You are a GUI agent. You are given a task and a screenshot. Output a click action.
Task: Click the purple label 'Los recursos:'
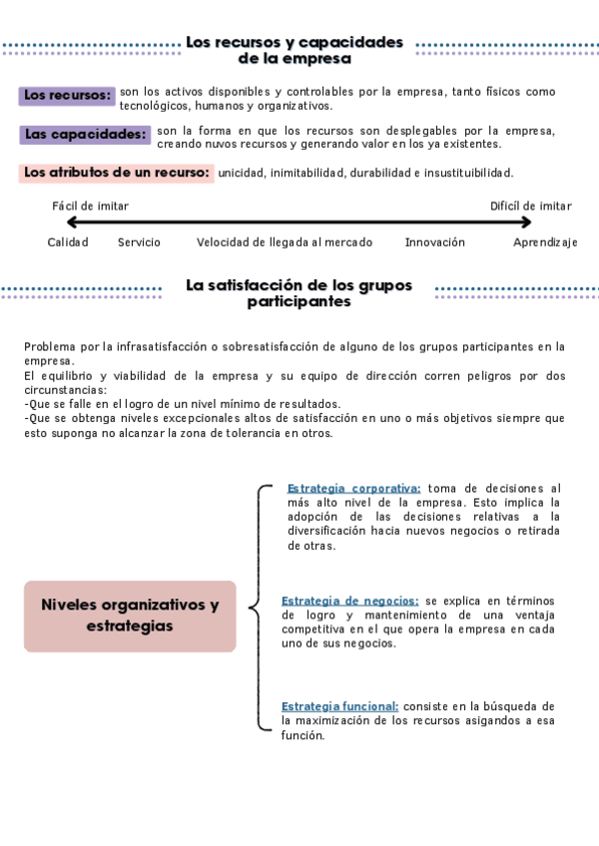click(67, 95)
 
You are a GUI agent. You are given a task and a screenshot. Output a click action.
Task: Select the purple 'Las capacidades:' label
click(85, 134)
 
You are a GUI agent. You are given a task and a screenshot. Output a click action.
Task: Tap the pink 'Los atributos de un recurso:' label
click(117, 173)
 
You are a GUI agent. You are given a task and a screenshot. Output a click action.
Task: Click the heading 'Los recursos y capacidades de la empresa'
click(295, 50)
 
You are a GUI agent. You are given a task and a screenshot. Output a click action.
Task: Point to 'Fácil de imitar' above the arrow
click(90, 207)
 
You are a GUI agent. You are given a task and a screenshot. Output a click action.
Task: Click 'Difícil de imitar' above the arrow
click(531, 207)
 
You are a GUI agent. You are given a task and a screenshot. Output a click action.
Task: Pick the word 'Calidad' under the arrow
click(68, 242)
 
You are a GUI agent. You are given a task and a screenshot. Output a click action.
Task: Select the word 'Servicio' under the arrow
click(139, 242)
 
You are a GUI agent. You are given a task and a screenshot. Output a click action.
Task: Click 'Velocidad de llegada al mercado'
click(285, 242)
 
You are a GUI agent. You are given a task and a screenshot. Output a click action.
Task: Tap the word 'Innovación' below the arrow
click(435, 242)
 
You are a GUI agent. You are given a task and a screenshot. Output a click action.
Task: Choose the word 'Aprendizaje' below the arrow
click(545, 242)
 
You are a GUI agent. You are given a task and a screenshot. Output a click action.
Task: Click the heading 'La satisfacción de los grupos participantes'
click(299, 293)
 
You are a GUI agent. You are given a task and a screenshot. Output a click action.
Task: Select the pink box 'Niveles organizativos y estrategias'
click(130, 616)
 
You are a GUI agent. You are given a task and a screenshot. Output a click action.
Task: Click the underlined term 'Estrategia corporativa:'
click(353, 488)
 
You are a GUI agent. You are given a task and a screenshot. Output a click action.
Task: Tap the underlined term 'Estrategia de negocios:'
click(349, 601)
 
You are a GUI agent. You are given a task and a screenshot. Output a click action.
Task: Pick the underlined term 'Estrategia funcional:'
click(339, 706)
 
